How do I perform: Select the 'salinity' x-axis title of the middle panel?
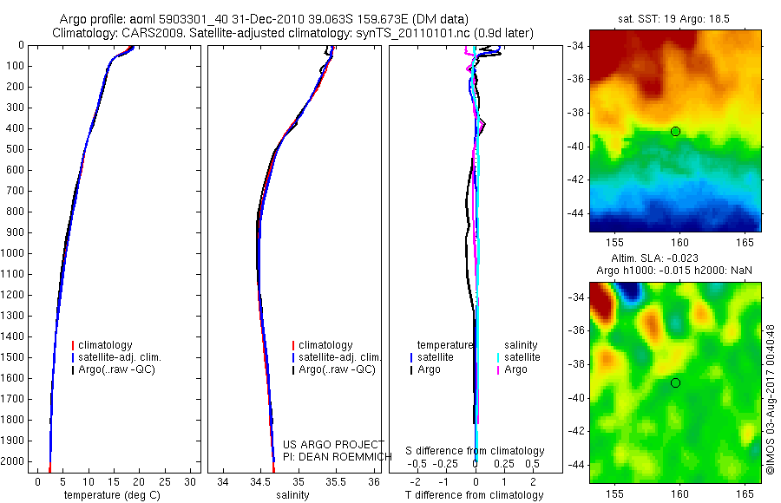click(x=293, y=495)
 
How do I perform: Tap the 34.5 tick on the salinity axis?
click(x=260, y=481)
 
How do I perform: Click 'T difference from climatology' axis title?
click(x=474, y=495)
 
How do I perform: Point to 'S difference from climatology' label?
click(x=476, y=451)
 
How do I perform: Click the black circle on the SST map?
click(x=675, y=131)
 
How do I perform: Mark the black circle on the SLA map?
click(x=675, y=382)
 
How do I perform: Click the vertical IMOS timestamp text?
click(x=770, y=400)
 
